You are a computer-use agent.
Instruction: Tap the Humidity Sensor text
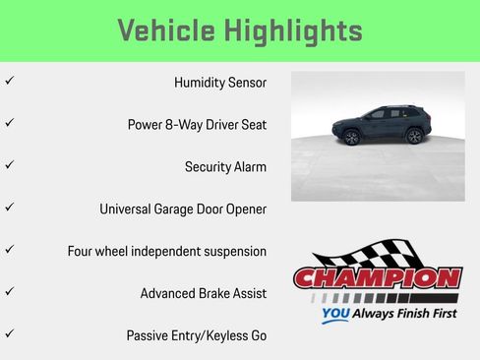219,84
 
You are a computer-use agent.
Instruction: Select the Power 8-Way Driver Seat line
197,125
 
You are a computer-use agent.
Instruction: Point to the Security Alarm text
225,167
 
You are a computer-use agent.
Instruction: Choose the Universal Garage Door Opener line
183,210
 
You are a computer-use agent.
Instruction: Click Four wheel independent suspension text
167,251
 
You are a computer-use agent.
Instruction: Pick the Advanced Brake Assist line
203,293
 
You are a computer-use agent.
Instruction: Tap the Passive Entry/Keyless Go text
197,335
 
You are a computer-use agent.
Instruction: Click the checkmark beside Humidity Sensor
10,80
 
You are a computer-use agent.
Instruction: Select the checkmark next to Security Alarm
10,164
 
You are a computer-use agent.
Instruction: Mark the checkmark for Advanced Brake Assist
10,291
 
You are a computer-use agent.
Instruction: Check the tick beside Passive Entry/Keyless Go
10,333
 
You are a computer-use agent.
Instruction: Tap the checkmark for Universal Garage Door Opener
10,207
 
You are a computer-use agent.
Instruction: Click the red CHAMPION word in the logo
377,278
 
